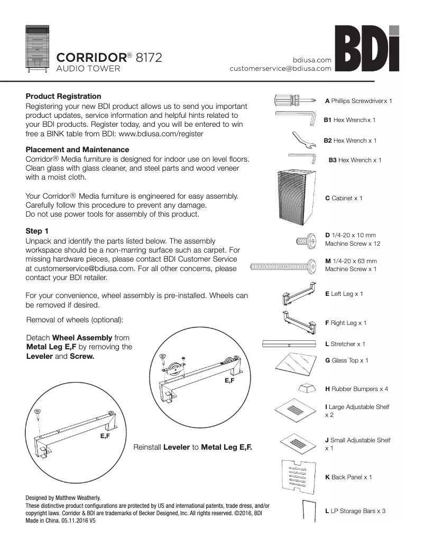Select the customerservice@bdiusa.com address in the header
280,68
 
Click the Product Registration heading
63,96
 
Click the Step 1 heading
37,231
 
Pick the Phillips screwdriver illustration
294,100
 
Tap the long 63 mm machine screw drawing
283,267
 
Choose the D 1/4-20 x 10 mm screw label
352,239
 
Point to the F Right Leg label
345,322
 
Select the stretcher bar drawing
289,343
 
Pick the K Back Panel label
348,477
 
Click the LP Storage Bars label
351,511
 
